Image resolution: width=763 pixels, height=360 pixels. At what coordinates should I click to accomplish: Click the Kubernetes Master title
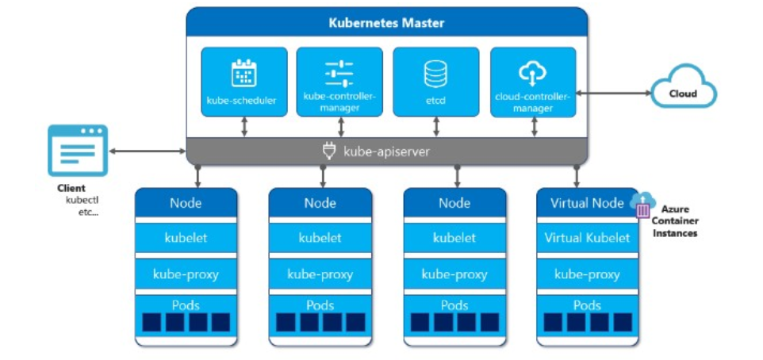[x=386, y=23]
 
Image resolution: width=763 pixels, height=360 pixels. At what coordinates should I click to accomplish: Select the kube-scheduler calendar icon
[x=243, y=73]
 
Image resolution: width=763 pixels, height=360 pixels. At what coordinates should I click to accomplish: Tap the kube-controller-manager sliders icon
[x=339, y=73]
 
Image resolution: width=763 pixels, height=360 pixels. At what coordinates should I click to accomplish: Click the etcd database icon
[x=435, y=74]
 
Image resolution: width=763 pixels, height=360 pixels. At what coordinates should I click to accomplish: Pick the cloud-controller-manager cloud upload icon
[x=532, y=74]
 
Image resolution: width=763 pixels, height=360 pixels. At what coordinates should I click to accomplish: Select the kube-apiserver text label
[x=386, y=151]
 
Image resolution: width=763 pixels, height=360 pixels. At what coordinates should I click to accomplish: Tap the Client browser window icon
[x=77, y=150]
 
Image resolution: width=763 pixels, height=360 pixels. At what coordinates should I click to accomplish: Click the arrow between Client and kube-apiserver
[x=147, y=151]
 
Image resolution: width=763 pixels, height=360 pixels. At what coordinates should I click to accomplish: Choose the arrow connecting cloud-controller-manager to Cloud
[x=612, y=94]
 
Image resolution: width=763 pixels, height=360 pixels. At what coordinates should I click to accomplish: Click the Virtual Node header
[x=587, y=203]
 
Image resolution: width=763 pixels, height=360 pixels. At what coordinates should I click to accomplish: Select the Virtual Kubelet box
[x=587, y=238]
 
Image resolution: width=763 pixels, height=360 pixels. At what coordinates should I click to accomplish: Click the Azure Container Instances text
[x=676, y=221]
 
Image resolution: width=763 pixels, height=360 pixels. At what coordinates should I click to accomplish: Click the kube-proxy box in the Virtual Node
[x=587, y=274]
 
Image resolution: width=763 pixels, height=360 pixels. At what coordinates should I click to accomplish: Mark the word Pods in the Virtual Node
[x=587, y=305]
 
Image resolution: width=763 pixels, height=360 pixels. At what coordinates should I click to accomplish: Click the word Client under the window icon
[x=71, y=188]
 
